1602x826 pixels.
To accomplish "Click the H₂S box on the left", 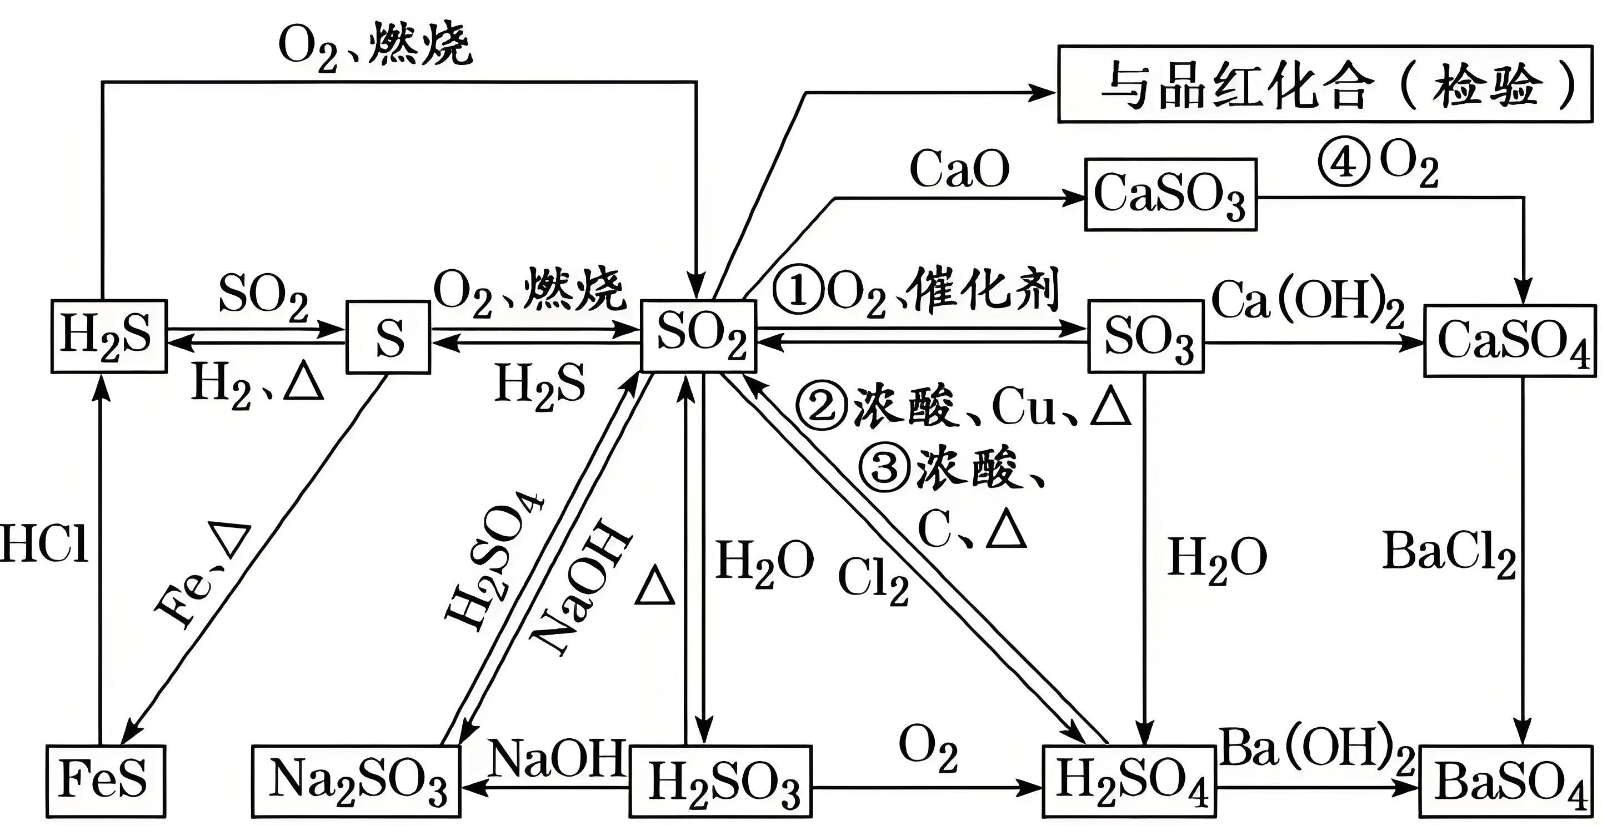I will (109, 337).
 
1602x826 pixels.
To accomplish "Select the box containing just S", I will (388, 337).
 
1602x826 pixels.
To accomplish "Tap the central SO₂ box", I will (699, 336).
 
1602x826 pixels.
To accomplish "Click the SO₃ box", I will (1145, 336).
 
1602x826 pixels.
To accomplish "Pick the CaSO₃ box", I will (1170, 194).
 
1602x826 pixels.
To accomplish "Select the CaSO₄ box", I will (1510, 341).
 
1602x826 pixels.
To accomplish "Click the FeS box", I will (106, 780).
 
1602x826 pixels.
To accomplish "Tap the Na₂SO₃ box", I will (357, 780).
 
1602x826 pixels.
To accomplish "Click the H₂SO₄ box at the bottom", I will (1129, 780).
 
